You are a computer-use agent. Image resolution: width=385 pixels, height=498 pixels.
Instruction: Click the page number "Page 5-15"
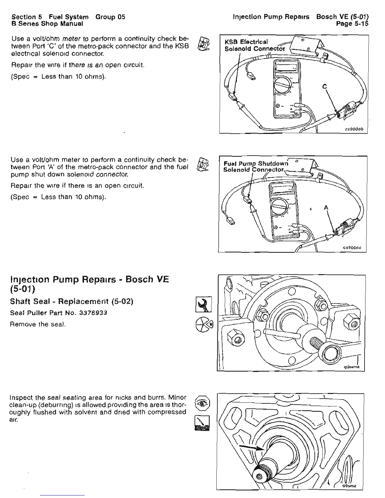[352, 24]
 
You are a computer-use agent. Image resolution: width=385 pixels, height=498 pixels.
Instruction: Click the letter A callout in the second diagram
[326, 207]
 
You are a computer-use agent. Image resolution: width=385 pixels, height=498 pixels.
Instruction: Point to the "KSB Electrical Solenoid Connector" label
[254, 45]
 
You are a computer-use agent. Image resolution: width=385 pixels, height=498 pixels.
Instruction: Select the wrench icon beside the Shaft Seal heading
[204, 304]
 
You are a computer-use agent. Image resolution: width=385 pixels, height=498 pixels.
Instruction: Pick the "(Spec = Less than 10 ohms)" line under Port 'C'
[59, 77]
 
